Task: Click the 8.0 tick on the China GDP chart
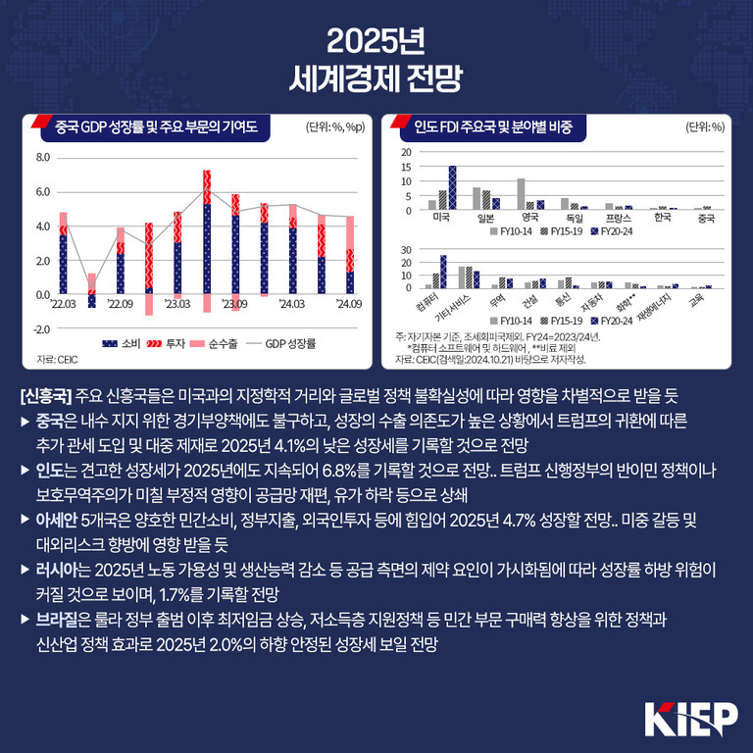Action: pos(42,158)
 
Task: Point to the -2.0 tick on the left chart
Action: pos(42,328)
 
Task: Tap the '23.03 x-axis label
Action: pos(177,305)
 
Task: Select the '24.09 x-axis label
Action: pos(348,305)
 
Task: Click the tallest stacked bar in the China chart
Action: pos(207,235)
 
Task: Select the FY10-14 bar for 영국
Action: pos(521,194)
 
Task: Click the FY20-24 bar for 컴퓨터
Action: pos(443,271)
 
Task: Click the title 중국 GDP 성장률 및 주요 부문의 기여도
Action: pos(156,125)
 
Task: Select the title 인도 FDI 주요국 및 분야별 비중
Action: pos(493,125)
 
